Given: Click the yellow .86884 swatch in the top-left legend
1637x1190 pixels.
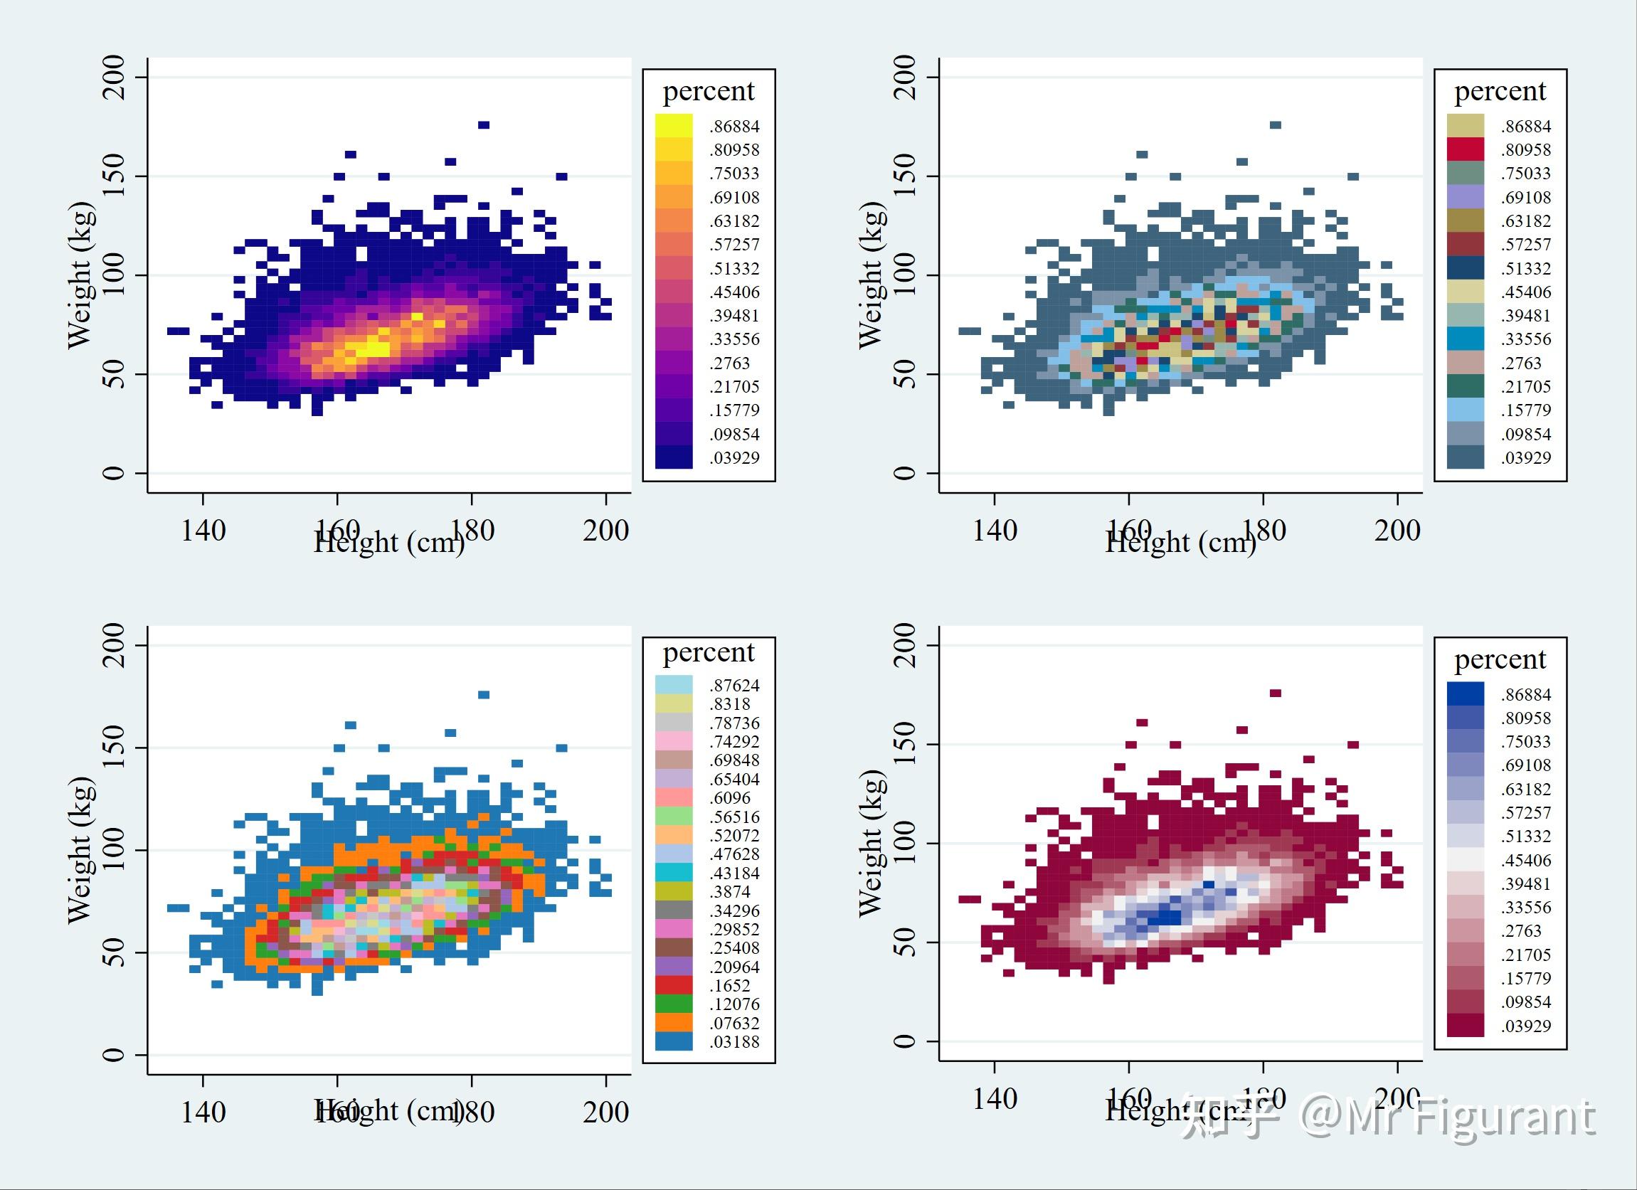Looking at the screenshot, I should point(674,126).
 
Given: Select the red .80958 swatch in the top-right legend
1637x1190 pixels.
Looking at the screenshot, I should point(1466,149).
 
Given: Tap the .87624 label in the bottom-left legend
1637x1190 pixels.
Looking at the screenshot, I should point(734,685).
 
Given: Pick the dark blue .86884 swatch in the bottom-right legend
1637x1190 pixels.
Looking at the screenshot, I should point(1466,694).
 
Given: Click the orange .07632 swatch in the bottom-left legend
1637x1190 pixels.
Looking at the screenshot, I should point(674,1023).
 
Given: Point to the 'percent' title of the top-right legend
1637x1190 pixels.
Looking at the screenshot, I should point(1499,92).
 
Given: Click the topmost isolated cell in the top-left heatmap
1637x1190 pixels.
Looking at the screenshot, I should point(484,125).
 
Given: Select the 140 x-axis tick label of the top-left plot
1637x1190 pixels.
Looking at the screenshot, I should point(203,531).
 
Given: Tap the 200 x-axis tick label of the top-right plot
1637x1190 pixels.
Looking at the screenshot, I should point(1397,531).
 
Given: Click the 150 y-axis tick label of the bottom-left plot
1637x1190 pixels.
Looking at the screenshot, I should point(114,747).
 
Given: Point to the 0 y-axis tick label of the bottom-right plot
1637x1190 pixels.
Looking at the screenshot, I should point(905,1041).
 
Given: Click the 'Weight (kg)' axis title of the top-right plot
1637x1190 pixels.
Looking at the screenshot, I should point(872,275).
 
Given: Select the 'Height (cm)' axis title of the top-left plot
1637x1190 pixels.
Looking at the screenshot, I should point(389,542).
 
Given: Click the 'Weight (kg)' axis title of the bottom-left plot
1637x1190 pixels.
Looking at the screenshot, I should point(80,849).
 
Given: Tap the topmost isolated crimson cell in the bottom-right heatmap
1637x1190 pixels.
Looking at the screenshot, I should point(1276,693).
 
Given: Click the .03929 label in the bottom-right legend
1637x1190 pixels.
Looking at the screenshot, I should point(1526,1026).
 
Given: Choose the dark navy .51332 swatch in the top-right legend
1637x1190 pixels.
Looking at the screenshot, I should point(1466,267).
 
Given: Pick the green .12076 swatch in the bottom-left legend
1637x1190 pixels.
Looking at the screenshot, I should point(674,1004).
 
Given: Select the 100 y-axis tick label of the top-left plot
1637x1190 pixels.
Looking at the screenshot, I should point(114,275).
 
